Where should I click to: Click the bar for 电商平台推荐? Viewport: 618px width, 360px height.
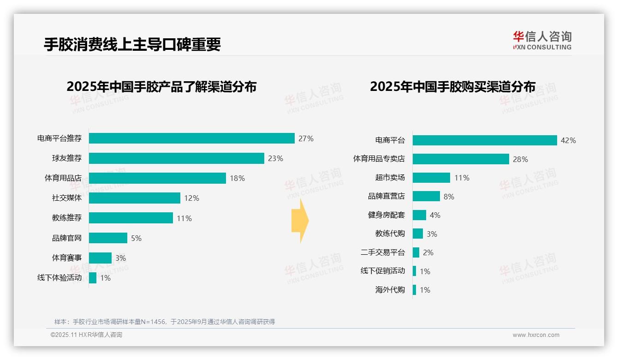click(x=191, y=138)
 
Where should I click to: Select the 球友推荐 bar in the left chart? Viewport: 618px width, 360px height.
click(x=176, y=158)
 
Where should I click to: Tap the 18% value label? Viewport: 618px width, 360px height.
click(x=237, y=178)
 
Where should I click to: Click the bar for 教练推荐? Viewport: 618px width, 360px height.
click(x=131, y=218)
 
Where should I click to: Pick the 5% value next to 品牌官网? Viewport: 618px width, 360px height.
click(x=136, y=238)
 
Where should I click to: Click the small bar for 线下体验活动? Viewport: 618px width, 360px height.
click(x=93, y=278)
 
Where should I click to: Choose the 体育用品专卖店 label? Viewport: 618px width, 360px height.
click(x=379, y=159)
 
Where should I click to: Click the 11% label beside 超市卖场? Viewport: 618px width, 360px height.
click(x=461, y=178)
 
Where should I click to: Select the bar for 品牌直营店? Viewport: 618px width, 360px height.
click(x=426, y=196)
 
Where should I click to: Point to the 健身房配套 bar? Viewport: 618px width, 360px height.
click(x=419, y=215)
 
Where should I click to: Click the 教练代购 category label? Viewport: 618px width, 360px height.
click(x=390, y=234)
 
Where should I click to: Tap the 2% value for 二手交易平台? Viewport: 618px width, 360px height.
click(x=428, y=252)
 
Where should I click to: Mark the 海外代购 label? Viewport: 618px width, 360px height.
click(x=390, y=290)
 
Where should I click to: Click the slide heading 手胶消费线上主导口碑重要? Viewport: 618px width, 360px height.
click(x=132, y=44)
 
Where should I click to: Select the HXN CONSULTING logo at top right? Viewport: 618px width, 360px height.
click(x=542, y=41)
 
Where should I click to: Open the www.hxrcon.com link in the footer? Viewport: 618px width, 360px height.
click(x=535, y=335)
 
